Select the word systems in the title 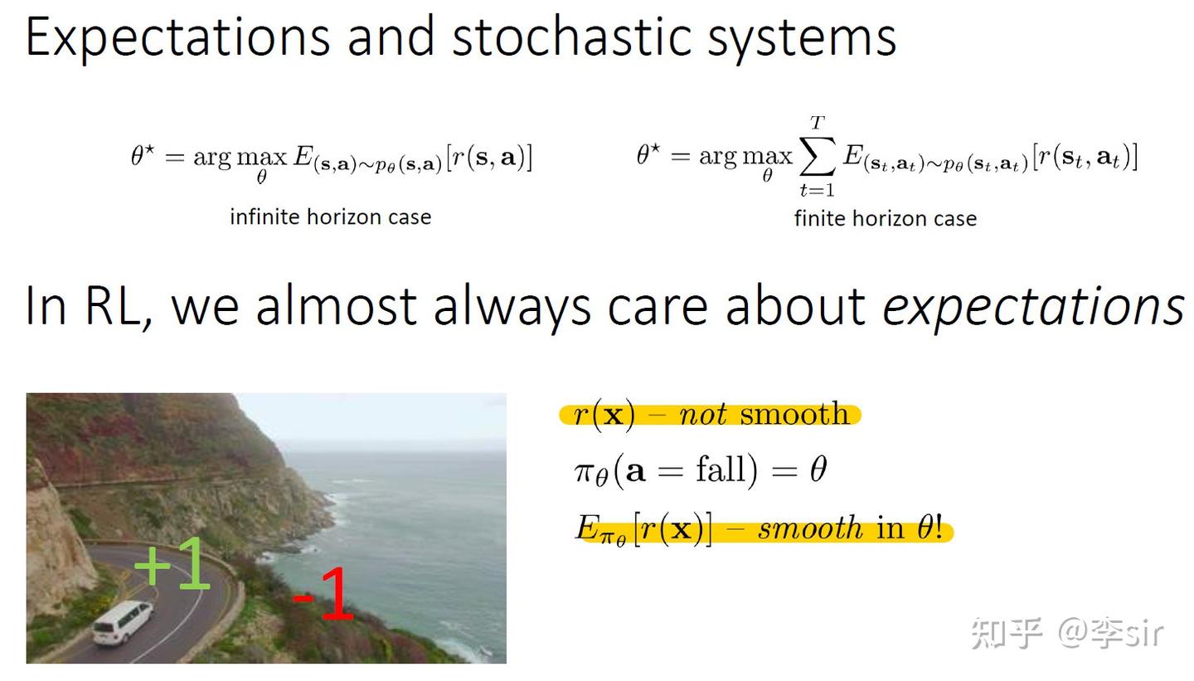[802, 41]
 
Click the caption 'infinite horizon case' [331, 217]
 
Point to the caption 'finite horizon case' [886, 219]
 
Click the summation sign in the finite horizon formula [818, 155]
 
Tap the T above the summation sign [818, 124]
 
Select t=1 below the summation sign [817, 190]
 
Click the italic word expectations [1033, 308]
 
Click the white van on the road [123, 622]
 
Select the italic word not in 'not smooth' [702, 414]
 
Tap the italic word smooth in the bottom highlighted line [810, 528]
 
